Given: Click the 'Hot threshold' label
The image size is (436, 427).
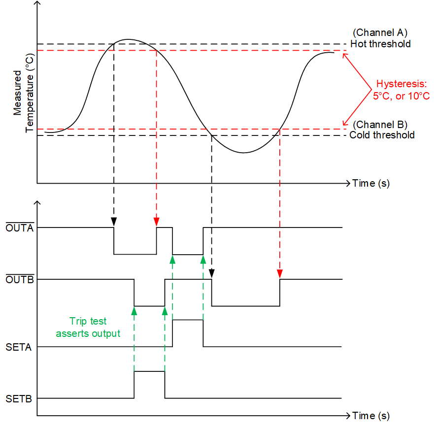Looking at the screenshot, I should click(380, 44).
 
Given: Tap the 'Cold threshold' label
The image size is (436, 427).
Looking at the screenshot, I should click(382, 135).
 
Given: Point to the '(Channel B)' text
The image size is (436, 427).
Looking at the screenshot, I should click(380, 124).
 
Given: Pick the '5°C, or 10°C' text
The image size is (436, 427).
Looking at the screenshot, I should click(401, 96).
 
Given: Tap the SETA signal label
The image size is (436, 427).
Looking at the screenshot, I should click(19, 347).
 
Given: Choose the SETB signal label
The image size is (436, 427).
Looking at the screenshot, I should click(19, 398).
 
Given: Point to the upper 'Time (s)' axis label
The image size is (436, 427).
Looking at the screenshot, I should click(371, 184).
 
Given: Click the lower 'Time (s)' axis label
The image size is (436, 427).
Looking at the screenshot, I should click(371, 416).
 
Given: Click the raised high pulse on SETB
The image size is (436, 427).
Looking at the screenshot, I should click(149, 371).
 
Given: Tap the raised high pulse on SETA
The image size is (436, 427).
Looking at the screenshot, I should click(188, 320).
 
